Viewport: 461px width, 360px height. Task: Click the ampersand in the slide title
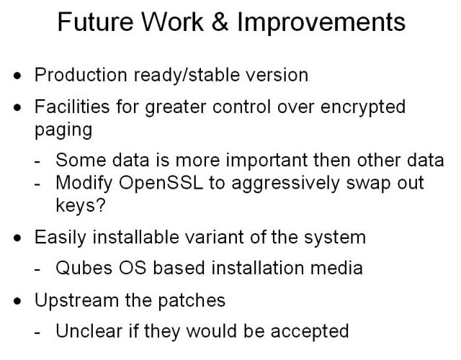[220, 22]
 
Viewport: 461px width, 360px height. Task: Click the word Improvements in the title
[321, 23]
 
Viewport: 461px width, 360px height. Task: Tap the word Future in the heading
[95, 22]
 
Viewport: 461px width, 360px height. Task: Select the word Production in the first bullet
[81, 75]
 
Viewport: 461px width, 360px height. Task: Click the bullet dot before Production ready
[17, 76]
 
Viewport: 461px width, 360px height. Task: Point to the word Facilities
[72, 107]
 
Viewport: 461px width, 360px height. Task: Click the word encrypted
[363, 108]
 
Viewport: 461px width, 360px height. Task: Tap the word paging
[63, 131]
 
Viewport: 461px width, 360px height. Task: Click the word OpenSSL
[161, 183]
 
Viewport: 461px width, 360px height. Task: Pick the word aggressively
[285, 184]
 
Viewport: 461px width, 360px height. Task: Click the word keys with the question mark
[80, 205]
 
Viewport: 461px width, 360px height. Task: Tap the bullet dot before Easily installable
[17, 238]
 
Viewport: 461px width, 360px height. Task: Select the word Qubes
[84, 268]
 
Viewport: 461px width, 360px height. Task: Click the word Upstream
[76, 301]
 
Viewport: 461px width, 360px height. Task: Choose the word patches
[192, 301]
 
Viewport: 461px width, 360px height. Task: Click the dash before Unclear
[37, 333]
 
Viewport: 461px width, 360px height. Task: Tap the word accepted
[310, 332]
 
